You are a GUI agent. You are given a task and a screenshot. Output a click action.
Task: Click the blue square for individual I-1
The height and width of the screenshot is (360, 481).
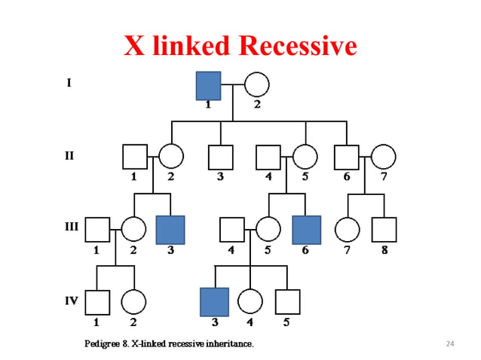pyautogui.click(x=208, y=85)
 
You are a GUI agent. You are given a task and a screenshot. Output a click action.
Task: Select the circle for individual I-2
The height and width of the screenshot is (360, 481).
pyautogui.click(x=256, y=85)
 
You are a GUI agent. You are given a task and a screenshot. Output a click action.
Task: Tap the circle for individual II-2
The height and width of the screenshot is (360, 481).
pyautogui.click(x=171, y=156)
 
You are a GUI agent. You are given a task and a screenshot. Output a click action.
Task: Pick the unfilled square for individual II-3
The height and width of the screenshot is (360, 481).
pyautogui.click(x=220, y=156)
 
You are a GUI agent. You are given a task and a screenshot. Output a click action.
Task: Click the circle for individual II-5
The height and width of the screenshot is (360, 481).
pyautogui.click(x=305, y=156)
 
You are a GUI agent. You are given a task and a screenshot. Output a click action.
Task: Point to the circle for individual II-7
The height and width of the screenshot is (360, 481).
pyautogui.click(x=383, y=156)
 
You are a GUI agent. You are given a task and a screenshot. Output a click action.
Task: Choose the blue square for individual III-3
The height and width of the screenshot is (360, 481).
pyautogui.click(x=170, y=230)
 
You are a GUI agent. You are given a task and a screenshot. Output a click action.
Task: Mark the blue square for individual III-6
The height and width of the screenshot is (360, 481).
pyautogui.click(x=305, y=230)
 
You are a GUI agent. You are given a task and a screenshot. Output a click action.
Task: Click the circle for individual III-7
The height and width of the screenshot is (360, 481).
pyautogui.click(x=346, y=230)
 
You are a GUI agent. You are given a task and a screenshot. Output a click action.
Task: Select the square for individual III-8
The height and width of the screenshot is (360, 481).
pyautogui.click(x=384, y=230)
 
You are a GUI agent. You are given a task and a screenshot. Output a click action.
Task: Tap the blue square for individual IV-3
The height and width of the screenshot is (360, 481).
pyautogui.click(x=214, y=301)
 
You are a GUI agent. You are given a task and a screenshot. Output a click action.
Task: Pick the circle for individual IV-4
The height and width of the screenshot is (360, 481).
pyautogui.click(x=250, y=301)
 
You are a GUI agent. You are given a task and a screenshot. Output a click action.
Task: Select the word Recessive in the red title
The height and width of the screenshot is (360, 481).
pyautogui.click(x=296, y=47)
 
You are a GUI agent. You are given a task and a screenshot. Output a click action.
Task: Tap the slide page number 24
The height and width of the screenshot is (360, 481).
pyautogui.click(x=451, y=344)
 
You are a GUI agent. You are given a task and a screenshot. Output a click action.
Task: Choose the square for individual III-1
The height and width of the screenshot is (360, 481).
pyautogui.click(x=97, y=230)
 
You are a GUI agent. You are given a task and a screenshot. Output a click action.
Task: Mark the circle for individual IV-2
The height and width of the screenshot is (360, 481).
pyautogui.click(x=133, y=301)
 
